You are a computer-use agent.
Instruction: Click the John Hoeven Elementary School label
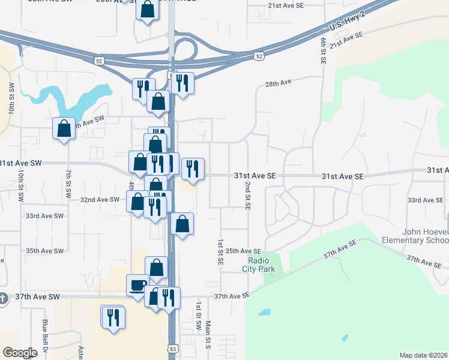click(415, 236)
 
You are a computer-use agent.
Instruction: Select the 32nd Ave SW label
click(100, 200)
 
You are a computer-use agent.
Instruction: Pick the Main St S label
click(209, 334)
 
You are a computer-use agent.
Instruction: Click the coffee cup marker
click(138, 284)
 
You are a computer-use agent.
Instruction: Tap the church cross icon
click(3, 298)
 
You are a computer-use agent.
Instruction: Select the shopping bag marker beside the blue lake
click(64, 128)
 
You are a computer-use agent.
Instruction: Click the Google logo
click(20, 353)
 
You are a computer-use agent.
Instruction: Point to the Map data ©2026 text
click(423, 355)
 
